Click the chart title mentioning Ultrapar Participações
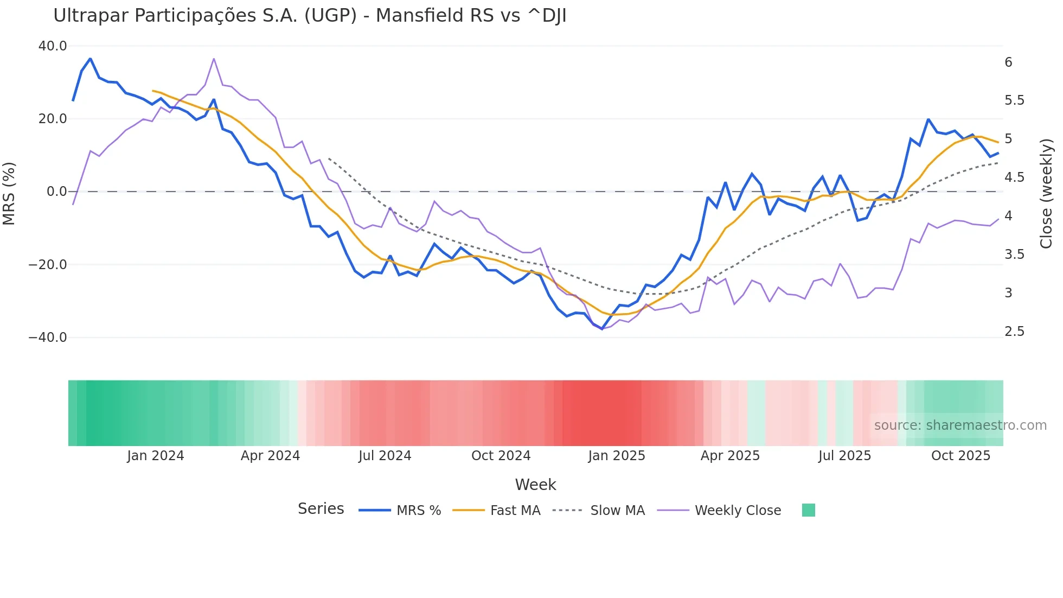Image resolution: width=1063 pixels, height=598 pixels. click(310, 16)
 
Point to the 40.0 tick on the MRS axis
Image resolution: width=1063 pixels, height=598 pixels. click(53, 46)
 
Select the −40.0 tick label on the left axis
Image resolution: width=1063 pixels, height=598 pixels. click(48, 338)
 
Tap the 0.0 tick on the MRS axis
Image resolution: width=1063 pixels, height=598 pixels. click(56, 192)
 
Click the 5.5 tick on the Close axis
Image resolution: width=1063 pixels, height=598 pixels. click(1014, 100)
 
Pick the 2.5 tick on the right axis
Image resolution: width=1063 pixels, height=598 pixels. click(1014, 332)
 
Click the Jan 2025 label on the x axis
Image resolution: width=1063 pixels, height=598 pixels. click(617, 456)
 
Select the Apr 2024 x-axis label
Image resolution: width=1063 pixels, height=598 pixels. click(270, 456)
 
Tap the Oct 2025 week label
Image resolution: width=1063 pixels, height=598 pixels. click(960, 456)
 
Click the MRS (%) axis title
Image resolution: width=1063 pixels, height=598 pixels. click(9, 193)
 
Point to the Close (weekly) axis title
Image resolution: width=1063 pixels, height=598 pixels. click(1046, 193)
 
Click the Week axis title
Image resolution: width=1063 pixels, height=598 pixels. click(535, 485)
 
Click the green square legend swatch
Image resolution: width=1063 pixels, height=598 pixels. click(808, 510)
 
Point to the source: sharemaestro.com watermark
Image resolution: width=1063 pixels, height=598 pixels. click(960, 425)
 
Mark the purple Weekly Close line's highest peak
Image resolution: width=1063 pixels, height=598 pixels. click(214, 59)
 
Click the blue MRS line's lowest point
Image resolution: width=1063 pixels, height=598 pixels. click(602, 329)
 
